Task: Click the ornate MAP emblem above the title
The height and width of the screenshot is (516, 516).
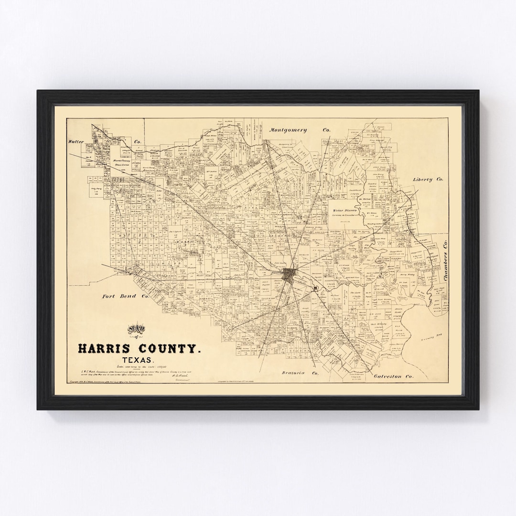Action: point(139,330)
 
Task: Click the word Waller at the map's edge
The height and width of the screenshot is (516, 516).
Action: point(76,142)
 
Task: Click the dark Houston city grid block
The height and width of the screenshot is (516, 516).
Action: point(290,275)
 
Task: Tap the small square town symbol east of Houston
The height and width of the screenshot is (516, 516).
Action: point(316,288)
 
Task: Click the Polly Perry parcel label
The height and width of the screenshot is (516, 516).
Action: point(97,190)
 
